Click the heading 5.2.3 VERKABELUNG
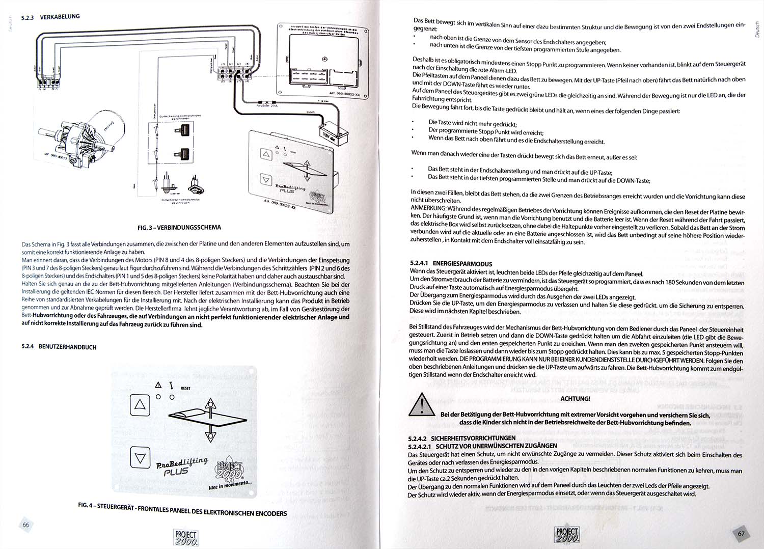click(x=50, y=17)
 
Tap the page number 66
click(x=25, y=525)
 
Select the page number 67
click(x=742, y=534)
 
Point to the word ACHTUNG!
click(x=575, y=399)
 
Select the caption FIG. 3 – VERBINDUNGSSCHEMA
click(x=176, y=227)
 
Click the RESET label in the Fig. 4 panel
click(x=185, y=388)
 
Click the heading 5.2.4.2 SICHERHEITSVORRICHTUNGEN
click(x=461, y=437)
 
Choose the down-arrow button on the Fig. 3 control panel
click(x=265, y=179)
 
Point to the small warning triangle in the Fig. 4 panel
click(x=158, y=386)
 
